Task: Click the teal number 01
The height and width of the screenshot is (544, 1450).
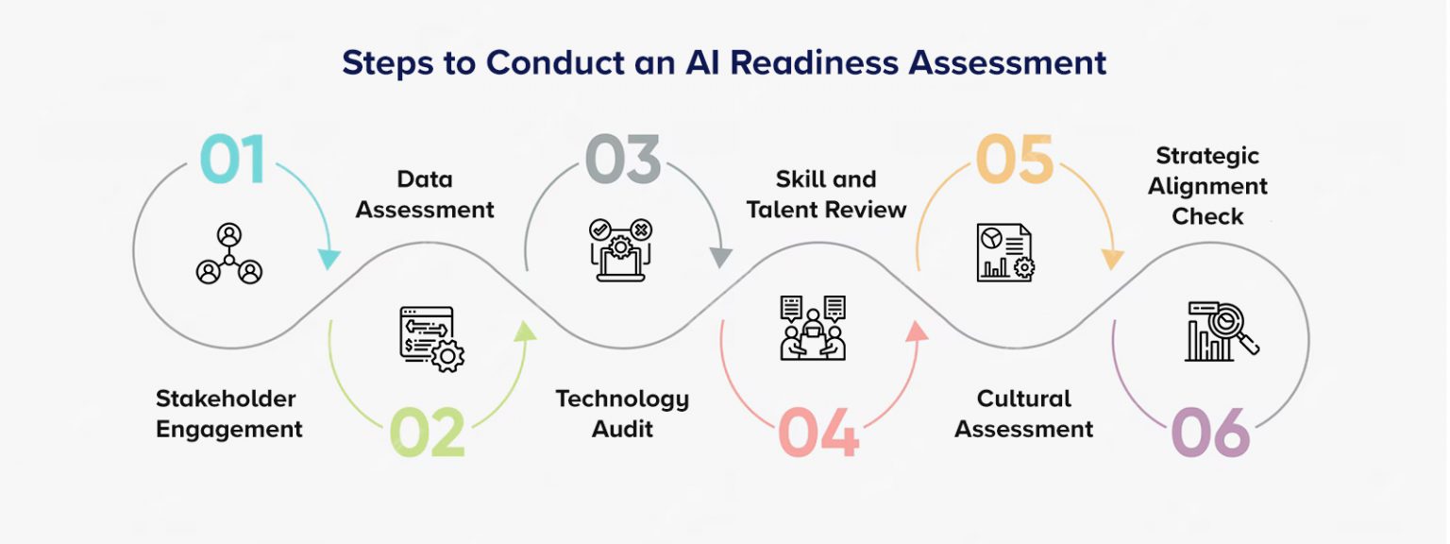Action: (232, 161)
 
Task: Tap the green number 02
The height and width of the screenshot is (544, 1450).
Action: (427, 433)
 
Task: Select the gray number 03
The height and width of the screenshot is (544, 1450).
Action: (622, 161)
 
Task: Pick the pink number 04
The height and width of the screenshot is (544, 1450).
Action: (818, 433)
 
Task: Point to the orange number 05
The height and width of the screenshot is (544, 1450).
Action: (1014, 161)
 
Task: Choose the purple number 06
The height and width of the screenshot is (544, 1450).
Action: (1210, 433)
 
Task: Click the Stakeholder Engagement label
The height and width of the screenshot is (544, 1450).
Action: (229, 414)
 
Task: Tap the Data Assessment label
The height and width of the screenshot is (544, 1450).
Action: (425, 195)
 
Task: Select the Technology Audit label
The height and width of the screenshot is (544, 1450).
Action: (622, 414)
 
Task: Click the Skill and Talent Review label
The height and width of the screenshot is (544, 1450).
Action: (826, 195)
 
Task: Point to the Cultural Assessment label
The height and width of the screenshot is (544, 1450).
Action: (1024, 414)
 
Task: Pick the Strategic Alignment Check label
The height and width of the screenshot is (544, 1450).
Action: (1207, 186)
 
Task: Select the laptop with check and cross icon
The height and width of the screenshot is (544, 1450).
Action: (620, 249)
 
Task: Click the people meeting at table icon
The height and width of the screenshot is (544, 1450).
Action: (813, 328)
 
